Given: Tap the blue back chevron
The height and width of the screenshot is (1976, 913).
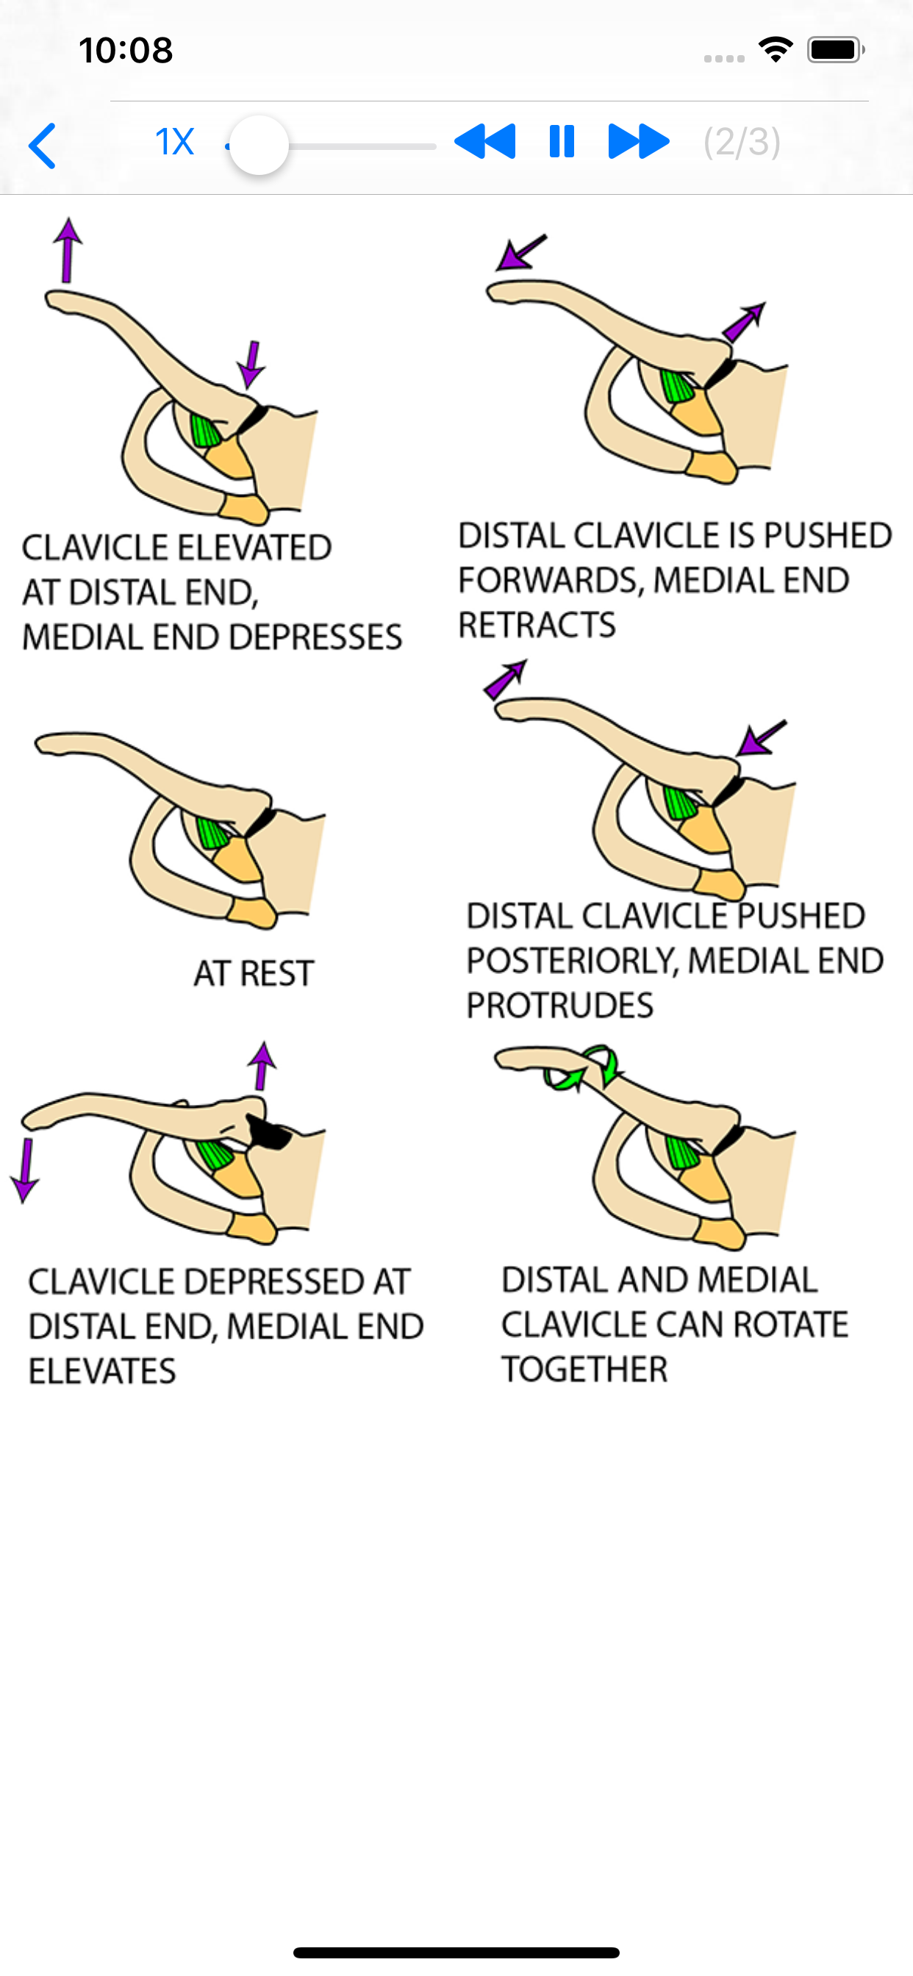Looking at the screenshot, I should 43,145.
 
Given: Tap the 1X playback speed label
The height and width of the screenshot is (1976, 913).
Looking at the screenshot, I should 174,142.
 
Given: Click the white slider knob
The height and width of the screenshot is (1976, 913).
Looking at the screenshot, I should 259,145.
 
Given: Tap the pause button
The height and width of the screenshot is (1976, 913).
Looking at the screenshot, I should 562,142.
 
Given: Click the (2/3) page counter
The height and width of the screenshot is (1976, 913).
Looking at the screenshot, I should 742,142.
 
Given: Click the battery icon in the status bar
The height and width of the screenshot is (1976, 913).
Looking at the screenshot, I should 836,50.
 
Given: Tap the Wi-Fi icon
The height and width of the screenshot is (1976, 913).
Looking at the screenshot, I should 776,50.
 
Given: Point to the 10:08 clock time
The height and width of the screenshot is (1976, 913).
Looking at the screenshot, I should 126,51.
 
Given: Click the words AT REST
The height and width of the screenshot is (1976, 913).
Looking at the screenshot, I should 254,973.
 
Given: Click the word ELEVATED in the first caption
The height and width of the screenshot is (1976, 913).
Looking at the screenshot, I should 256,548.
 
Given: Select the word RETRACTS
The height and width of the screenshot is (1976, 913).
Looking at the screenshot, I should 537,625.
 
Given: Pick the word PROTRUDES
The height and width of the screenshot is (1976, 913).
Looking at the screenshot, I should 560,1006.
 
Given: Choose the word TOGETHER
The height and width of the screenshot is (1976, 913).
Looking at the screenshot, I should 584,1370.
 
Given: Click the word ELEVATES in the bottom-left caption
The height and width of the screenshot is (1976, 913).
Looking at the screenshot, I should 103,1372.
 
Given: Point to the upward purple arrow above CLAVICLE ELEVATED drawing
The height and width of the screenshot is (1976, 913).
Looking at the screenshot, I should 68,250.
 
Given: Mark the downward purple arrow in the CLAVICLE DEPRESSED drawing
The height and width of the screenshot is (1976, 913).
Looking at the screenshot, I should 25,1170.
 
